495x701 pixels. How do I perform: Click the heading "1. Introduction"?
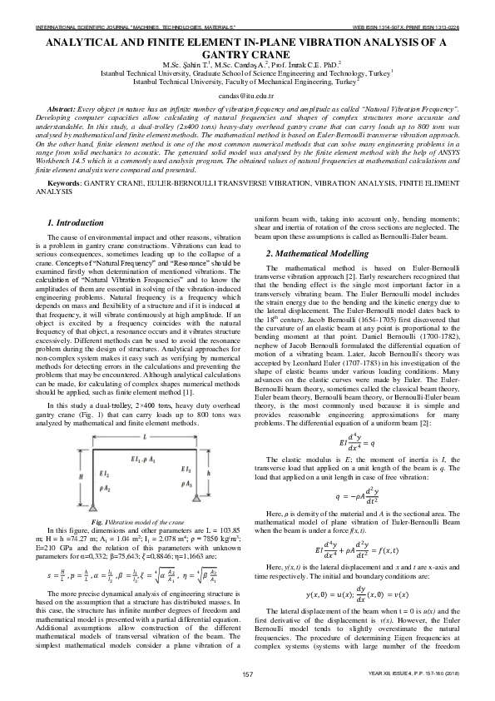point(74,224)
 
